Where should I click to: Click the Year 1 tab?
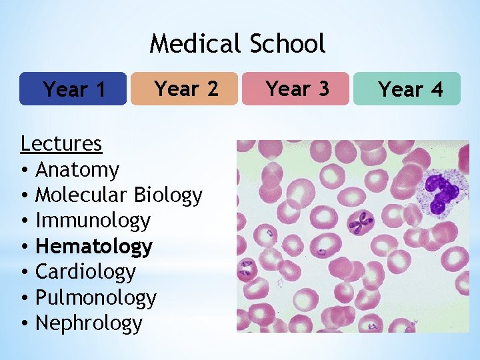[73, 89]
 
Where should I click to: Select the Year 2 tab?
[185, 89]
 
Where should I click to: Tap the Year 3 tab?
[296, 89]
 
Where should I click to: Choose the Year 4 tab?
[408, 89]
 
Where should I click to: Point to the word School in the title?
[287, 44]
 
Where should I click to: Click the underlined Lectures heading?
[61, 143]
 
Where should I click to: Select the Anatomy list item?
[77, 170]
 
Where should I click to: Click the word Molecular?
[81, 195]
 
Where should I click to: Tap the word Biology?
[168, 195]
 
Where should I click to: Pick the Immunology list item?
[93, 221]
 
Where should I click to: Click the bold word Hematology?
[93, 246]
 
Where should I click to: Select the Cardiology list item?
[85, 272]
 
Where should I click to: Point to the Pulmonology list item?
[95, 297]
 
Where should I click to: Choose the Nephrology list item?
[89, 323]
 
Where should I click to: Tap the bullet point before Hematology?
[24, 247]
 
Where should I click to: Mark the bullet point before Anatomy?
[24, 171]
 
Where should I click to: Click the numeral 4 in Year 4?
[436, 89]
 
